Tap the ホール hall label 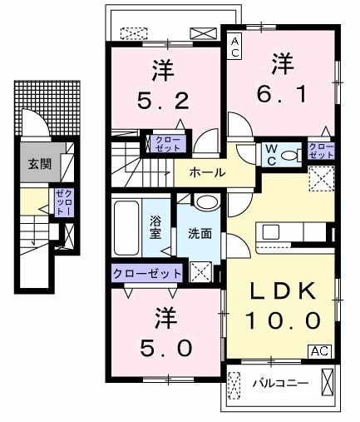click(x=206, y=172)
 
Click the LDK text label click(x=282, y=292)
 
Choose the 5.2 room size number click(x=164, y=101)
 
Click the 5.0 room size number click(x=164, y=345)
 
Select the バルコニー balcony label click(x=280, y=384)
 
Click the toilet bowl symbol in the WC click(x=290, y=155)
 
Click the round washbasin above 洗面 click(x=206, y=203)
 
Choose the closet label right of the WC click(x=321, y=151)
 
